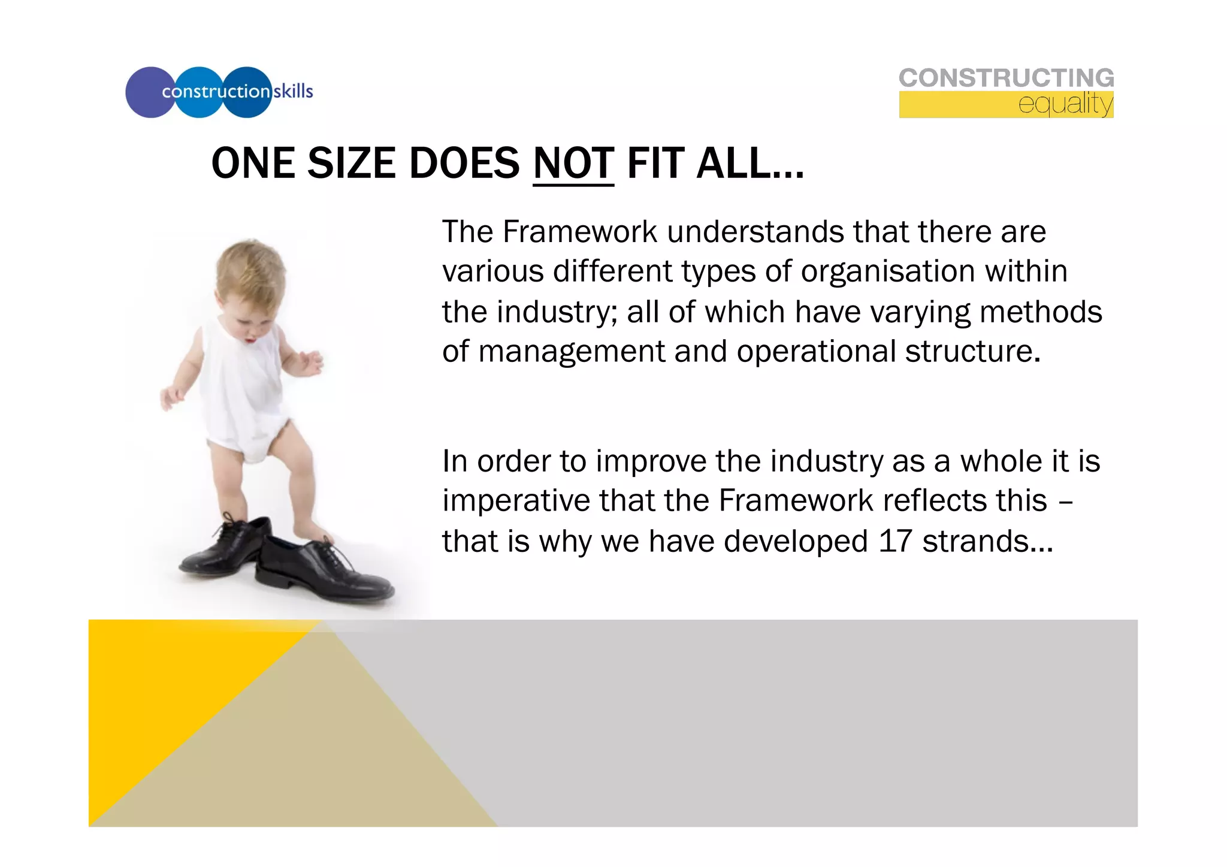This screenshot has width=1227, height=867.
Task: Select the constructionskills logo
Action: pyautogui.click(x=219, y=92)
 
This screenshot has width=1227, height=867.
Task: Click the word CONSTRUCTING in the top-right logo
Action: pyautogui.click(x=1006, y=78)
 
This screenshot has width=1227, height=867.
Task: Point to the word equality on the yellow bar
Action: pyautogui.click(x=1065, y=104)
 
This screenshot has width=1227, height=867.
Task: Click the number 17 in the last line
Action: pyautogui.click(x=895, y=541)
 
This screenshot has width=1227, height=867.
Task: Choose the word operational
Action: pyautogui.click(x=815, y=351)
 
